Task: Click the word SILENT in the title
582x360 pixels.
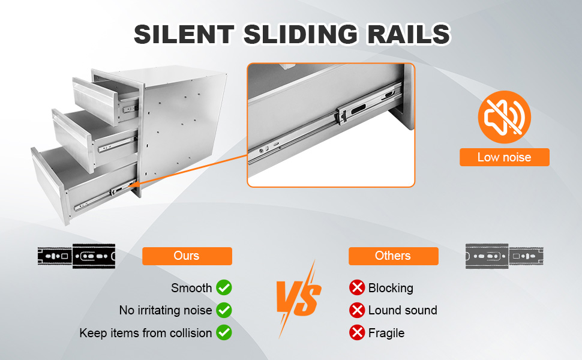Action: click(184, 34)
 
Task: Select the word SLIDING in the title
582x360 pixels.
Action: click(301, 34)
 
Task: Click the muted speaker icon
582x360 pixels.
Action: click(505, 117)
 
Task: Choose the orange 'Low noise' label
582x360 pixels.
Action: click(505, 157)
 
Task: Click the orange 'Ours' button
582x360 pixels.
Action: click(187, 256)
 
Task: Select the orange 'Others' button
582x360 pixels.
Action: click(394, 256)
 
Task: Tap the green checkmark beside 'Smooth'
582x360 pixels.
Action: click(224, 287)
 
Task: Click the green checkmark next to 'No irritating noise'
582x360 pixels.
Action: click(224, 310)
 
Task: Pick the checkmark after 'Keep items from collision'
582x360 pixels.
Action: click(224, 332)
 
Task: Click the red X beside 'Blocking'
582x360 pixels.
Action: click(357, 287)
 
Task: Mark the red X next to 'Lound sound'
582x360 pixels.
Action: click(357, 310)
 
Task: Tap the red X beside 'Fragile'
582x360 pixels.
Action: click(357, 332)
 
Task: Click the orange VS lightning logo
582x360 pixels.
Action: click(299, 299)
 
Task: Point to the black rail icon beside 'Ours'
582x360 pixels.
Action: click(76, 256)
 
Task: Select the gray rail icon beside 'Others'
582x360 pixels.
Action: click(505, 256)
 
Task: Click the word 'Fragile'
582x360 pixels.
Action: click(386, 333)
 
